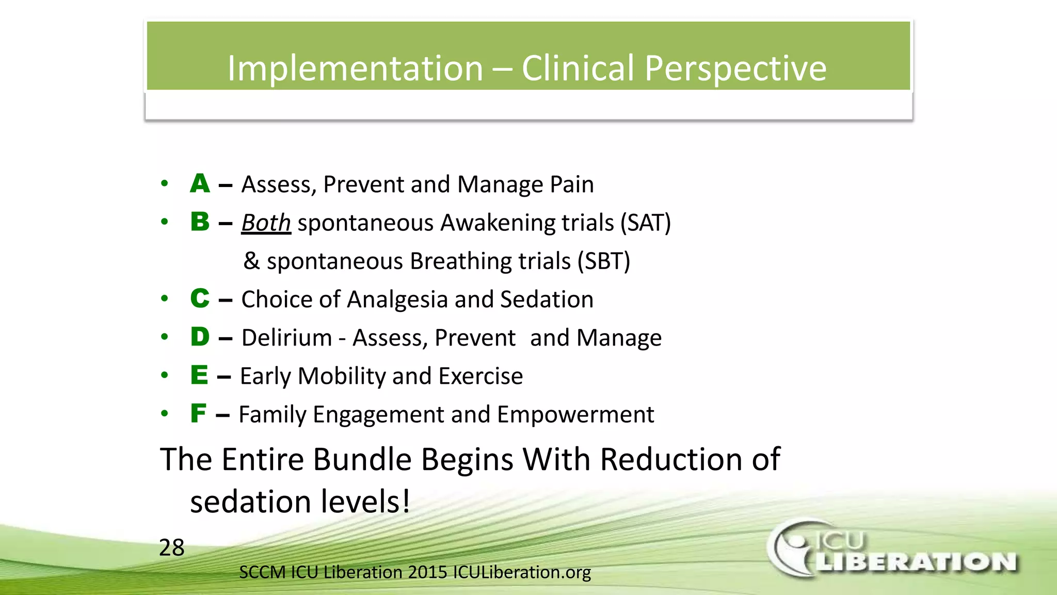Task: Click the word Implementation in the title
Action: click(x=355, y=68)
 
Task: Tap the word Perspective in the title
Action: click(x=735, y=68)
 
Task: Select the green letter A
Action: click(x=200, y=183)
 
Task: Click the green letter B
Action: click(x=200, y=222)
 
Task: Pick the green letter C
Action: click(x=200, y=299)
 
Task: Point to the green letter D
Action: click(x=200, y=337)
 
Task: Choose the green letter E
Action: click(x=199, y=375)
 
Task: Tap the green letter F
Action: click(x=198, y=413)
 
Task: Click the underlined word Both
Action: click(x=266, y=223)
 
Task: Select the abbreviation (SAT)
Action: click(x=645, y=223)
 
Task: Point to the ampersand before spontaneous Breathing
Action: click(x=251, y=261)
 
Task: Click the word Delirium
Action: click(x=286, y=338)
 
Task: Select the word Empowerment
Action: click(x=575, y=414)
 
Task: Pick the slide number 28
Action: click(x=172, y=547)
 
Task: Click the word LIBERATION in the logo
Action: click(x=916, y=562)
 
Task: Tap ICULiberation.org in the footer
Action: click(x=522, y=572)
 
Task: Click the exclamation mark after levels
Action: click(x=406, y=501)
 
